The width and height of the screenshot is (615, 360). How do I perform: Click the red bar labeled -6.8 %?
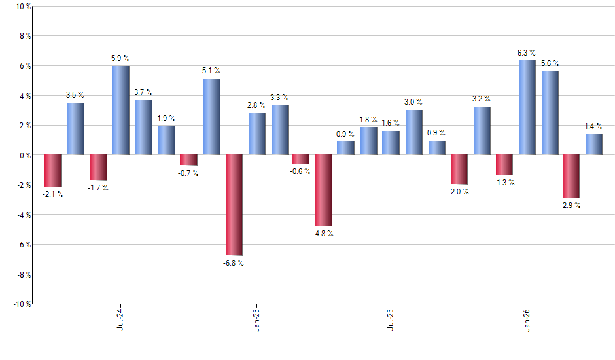tap(234, 205)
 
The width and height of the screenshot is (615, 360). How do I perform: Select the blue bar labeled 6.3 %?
tap(527, 107)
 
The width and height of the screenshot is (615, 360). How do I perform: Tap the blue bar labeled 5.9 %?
tap(120, 110)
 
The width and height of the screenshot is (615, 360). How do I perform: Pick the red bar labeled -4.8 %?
tap(323, 190)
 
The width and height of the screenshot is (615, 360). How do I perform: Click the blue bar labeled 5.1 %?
tap(211, 117)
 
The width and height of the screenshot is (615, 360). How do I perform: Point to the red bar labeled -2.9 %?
tap(571, 176)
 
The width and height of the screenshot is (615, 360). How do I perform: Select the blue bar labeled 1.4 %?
tap(594, 145)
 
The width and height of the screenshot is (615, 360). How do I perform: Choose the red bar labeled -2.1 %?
tap(53, 171)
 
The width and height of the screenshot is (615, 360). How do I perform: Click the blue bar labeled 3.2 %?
tap(482, 131)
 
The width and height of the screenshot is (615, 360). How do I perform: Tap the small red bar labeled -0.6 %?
tap(300, 159)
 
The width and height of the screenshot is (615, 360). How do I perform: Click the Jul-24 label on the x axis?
tap(120, 319)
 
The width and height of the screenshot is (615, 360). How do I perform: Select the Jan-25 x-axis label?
tap(256, 319)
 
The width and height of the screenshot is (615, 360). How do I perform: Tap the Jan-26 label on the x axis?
tap(527, 319)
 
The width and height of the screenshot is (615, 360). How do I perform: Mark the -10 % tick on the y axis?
tap(20, 304)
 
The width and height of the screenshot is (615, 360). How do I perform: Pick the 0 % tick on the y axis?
tap(24, 155)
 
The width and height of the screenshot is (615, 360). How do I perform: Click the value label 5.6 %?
tap(550, 63)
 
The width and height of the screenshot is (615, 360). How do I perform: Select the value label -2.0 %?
tap(459, 192)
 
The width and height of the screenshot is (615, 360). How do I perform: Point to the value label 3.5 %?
tap(75, 95)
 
